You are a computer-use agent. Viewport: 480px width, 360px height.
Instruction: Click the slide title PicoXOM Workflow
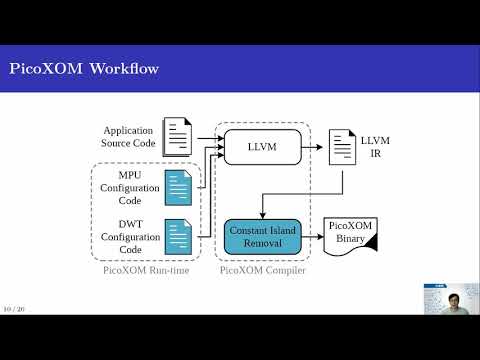[83, 69]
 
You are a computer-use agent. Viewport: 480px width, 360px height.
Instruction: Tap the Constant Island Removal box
[262, 237]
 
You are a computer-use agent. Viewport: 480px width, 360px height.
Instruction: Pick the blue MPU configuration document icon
[179, 187]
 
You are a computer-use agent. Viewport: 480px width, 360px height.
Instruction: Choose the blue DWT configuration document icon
[179, 237]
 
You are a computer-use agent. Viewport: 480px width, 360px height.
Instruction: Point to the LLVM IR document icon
[341, 149]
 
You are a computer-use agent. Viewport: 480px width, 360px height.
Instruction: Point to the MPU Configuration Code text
[130, 187]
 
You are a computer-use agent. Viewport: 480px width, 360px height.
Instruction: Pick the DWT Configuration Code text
[130, 236]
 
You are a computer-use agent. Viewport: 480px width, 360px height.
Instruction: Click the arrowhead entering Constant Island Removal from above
[262, 214]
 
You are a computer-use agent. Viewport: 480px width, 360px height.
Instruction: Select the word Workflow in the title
[123, 69]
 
